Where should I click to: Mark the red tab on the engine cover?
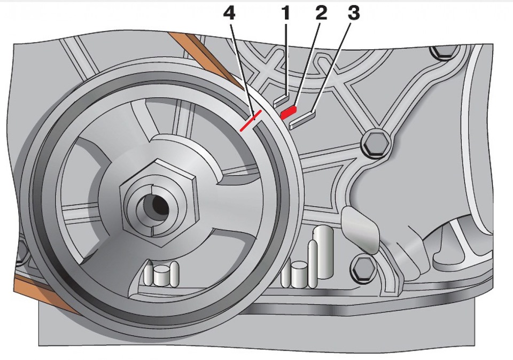point(289,112)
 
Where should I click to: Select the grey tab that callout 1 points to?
point(281,100)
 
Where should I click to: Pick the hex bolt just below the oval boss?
point(363,267)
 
